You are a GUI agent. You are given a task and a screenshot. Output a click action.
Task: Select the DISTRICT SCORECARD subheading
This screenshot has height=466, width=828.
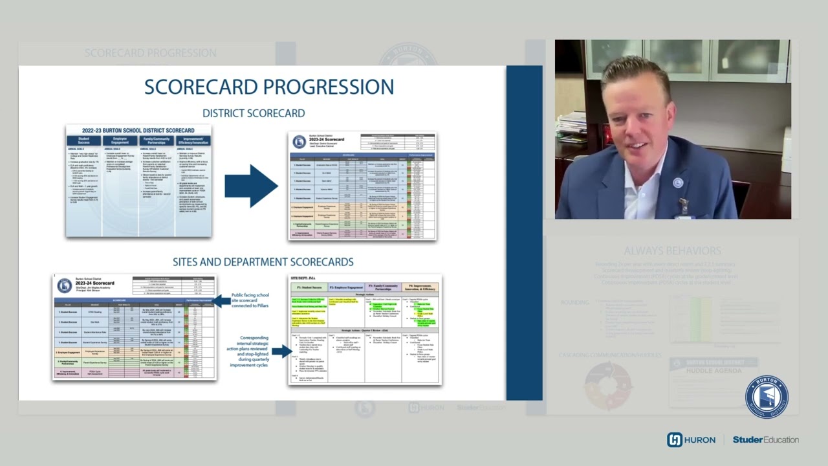(254, 113)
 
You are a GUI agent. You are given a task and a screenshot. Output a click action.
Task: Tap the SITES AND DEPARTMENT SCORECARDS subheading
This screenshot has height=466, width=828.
(263, 262)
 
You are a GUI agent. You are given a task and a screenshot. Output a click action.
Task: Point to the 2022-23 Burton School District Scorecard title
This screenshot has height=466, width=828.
(138, 130)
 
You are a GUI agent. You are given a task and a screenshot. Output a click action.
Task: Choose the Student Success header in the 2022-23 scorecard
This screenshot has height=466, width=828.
(84, 140)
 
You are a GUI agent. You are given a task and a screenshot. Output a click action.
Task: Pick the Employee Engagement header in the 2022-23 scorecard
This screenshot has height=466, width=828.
(120, 140)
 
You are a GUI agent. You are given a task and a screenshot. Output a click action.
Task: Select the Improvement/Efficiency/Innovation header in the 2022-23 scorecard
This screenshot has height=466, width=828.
(193, 140)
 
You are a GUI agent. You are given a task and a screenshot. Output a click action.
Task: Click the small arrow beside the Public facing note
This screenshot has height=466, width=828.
(222, 300)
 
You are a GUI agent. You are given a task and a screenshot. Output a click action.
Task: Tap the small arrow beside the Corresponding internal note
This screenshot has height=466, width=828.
(281, 351)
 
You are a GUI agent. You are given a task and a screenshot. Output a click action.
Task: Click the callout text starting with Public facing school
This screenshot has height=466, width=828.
(250, 300)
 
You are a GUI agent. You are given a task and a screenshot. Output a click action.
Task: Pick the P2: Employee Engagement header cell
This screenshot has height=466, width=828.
(346, 287)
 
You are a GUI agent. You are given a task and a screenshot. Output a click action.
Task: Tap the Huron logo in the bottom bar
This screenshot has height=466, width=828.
(691, 439)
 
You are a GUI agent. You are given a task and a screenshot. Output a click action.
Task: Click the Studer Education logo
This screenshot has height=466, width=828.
(765, 439)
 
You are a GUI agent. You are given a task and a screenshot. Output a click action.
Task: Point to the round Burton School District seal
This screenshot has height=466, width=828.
(767, 397)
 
